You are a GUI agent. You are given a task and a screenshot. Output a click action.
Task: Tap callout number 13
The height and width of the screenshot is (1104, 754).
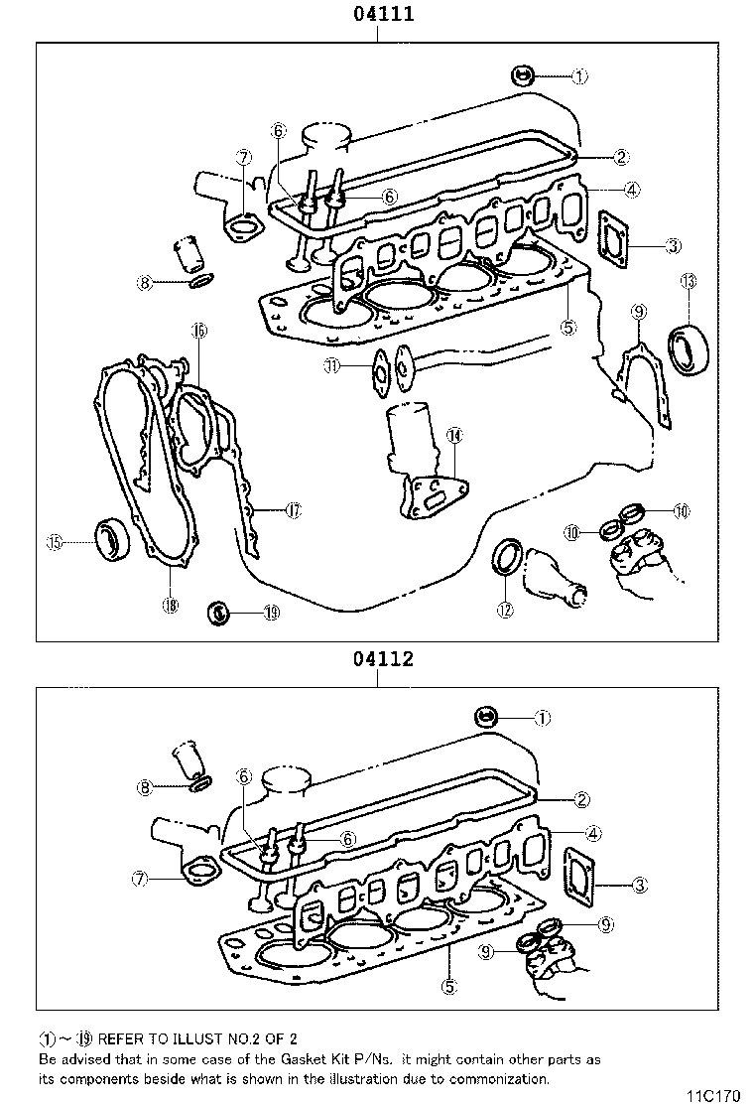(x=689, y=282)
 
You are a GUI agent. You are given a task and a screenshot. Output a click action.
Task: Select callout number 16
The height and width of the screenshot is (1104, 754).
(x=198, y=331)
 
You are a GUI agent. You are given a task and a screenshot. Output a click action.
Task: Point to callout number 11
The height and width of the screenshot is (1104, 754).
(x=332, y=366)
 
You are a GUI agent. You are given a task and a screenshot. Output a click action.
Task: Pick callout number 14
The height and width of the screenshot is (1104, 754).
(x=453, y=435)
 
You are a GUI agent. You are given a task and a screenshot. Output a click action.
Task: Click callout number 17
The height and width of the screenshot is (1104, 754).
(x=293, y=510)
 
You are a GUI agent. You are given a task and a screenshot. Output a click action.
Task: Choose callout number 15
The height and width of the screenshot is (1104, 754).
(x=56, y=541)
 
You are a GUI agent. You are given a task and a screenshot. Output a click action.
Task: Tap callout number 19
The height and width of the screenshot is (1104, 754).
(x=271, y=613)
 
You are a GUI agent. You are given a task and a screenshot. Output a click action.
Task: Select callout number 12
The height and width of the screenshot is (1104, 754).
(x=505, y=610)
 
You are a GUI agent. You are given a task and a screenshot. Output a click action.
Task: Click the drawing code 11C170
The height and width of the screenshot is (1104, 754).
(x=713, y=1095)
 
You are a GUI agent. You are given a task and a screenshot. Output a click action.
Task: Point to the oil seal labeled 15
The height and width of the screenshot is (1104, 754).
(x=109, y=538)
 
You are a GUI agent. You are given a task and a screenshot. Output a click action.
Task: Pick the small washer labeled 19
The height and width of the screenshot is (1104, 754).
(x=219, y=612)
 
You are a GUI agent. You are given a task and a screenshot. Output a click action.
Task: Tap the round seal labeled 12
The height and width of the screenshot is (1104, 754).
(x=507, y=555)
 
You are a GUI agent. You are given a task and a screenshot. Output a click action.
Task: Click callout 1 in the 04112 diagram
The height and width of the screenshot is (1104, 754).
(x=543, y=716)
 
